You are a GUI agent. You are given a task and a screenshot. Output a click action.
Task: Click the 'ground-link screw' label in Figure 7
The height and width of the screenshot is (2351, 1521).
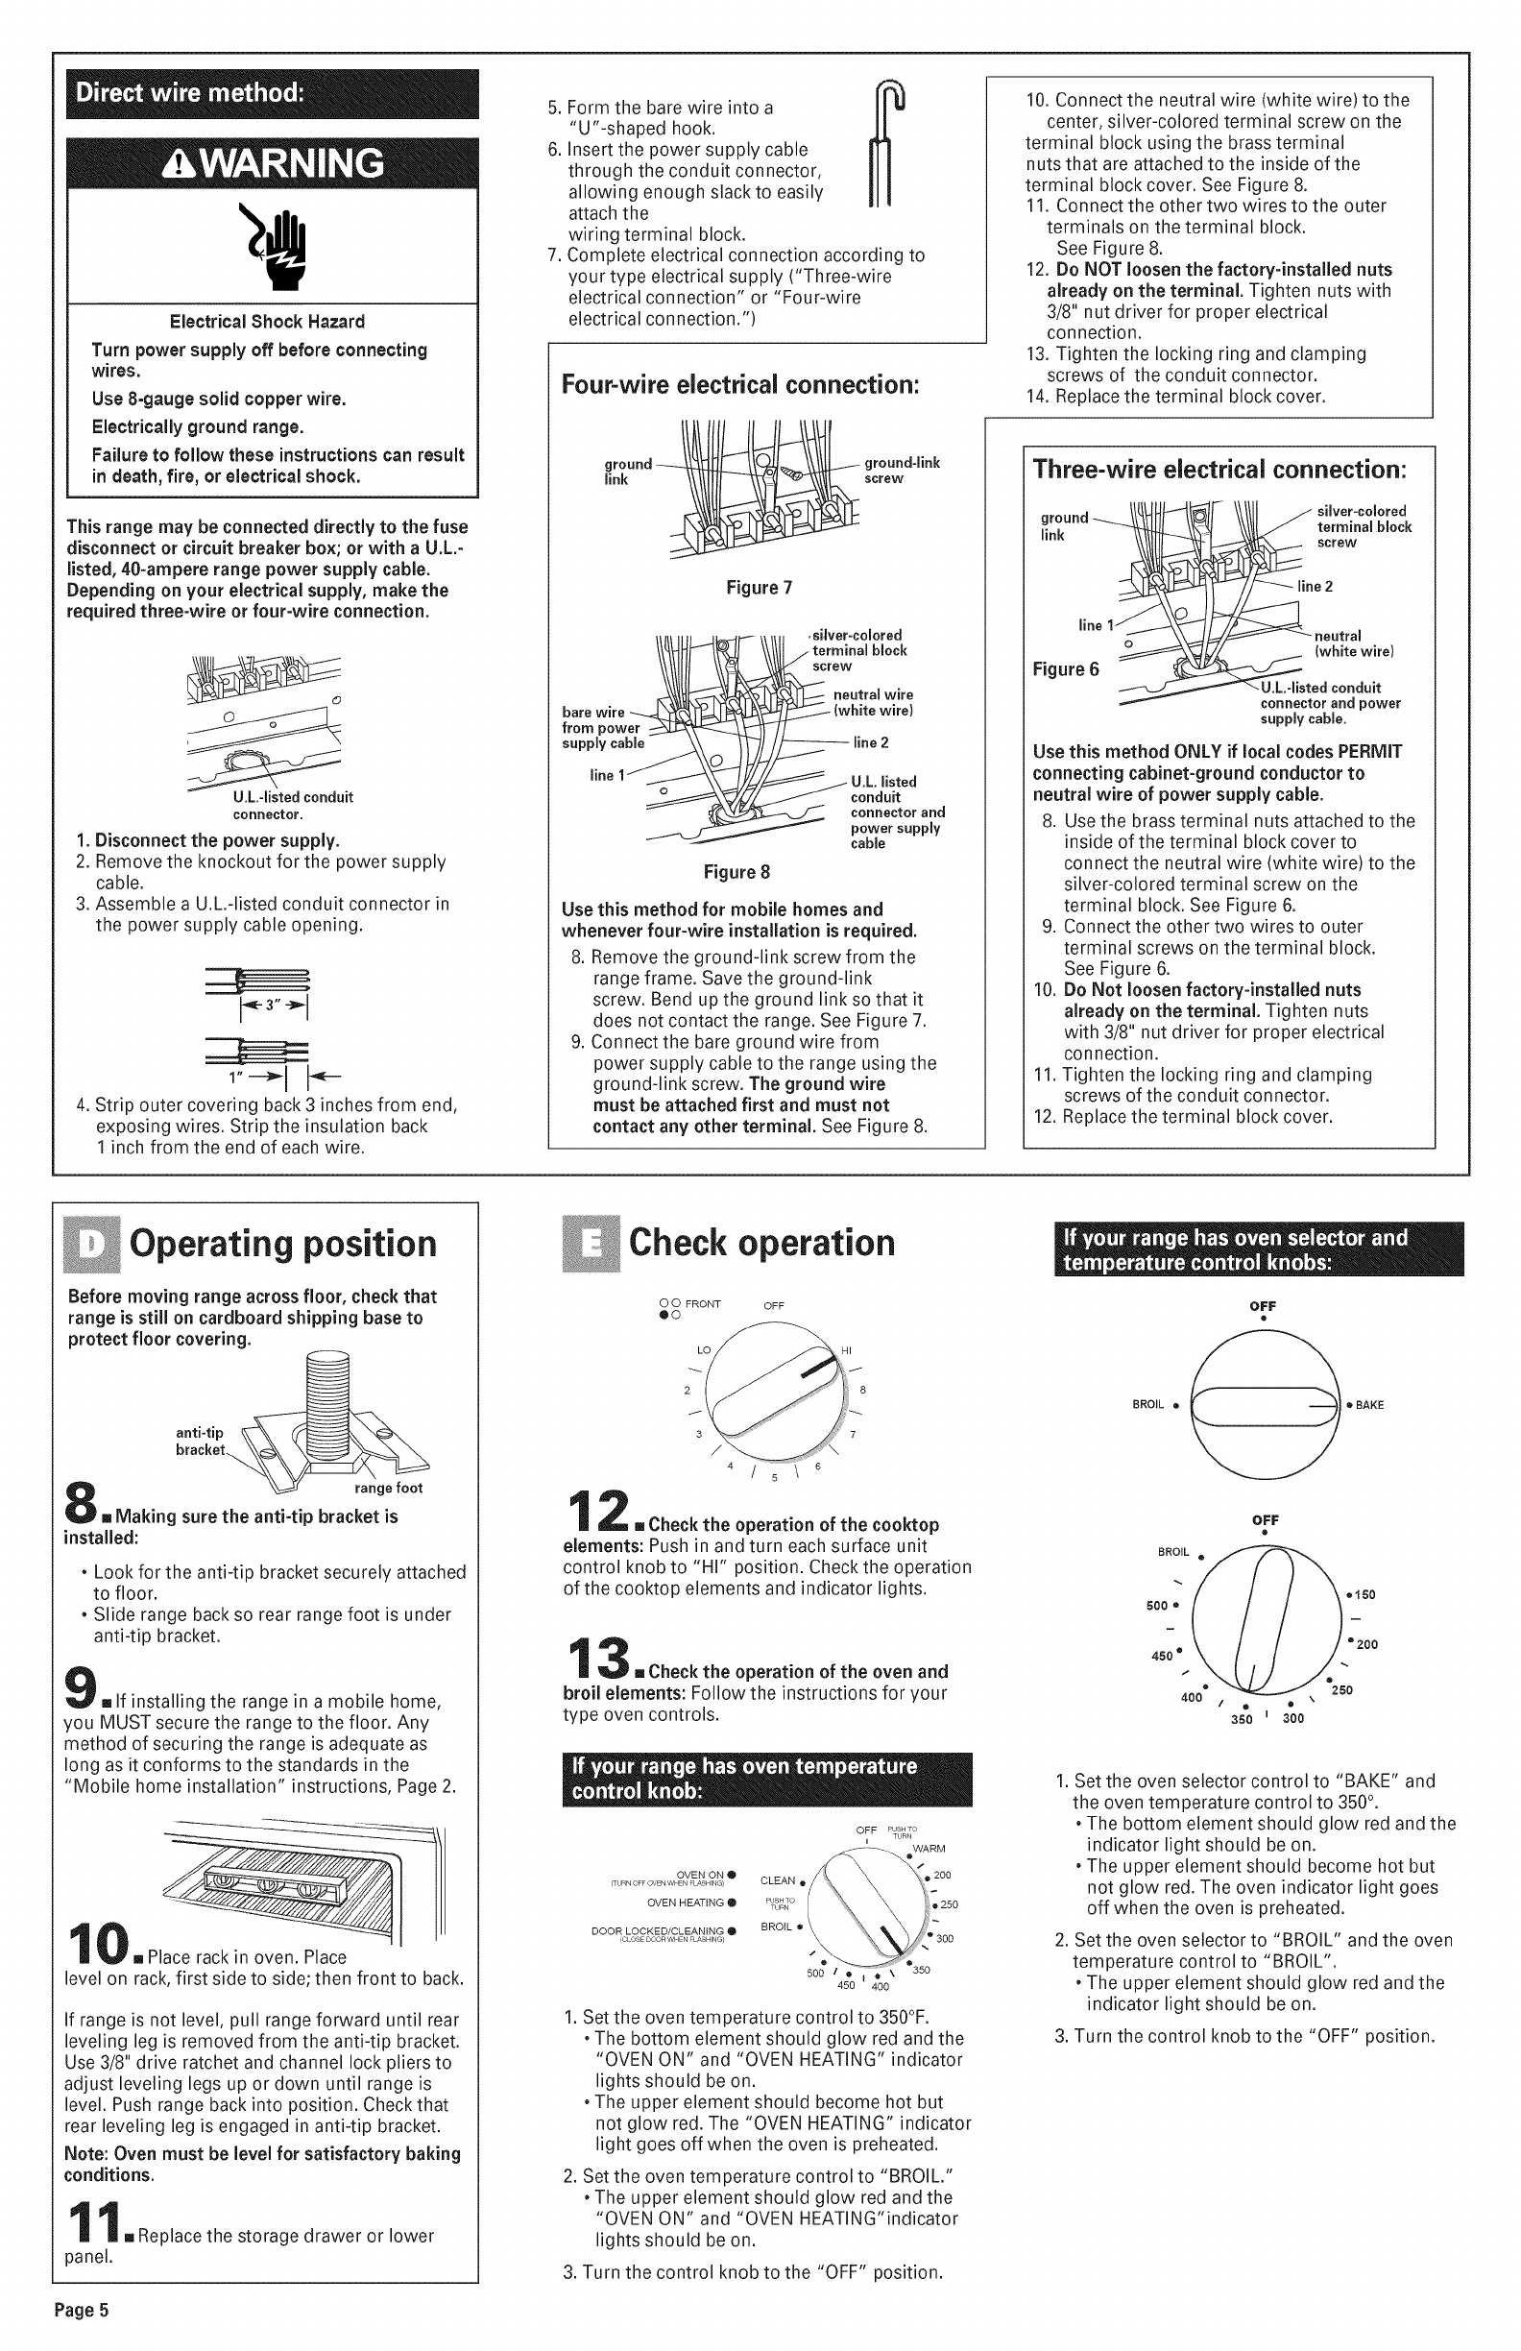tap(901, 471)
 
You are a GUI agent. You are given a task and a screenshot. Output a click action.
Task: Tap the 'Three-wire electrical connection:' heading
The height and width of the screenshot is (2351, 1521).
tap(1219, 469)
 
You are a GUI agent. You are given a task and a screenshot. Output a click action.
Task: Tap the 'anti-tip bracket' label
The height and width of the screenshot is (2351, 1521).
tap(201, 1442)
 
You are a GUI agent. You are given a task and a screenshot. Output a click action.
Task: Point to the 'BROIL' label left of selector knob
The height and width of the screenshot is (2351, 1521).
tap(1148, 1405)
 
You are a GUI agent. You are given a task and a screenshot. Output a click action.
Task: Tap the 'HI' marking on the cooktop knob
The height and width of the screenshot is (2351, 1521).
tap(846, 1351)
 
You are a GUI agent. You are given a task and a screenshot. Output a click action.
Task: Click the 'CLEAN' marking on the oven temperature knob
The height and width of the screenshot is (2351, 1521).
tap(779, 1879)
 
